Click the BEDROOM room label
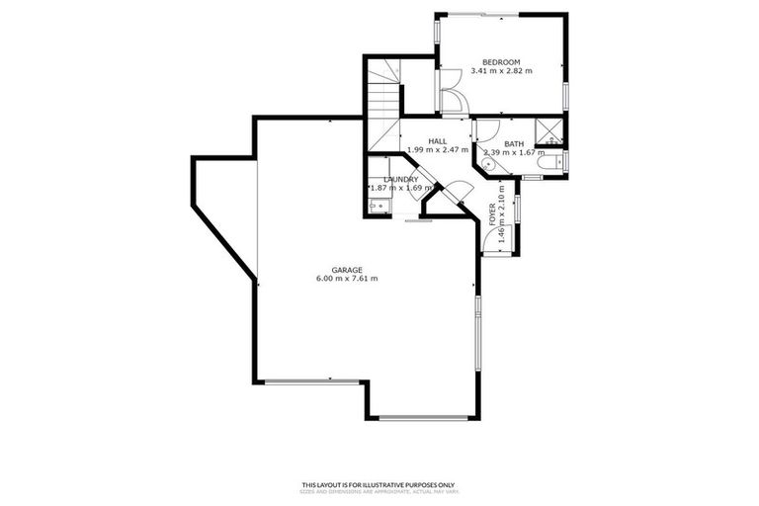(x=501, y=61)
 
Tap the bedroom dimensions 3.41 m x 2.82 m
(x=501, y=71)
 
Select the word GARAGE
(x=346, y=270)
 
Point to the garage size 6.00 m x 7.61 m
(x=346, y=279)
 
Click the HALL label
(x=437, y=140)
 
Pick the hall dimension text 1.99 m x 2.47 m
(x=437, y=149)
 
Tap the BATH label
(x=514, y=144)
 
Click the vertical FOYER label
(x=492, y=214)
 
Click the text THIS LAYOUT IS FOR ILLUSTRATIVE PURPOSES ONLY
(x=379, y=484)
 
